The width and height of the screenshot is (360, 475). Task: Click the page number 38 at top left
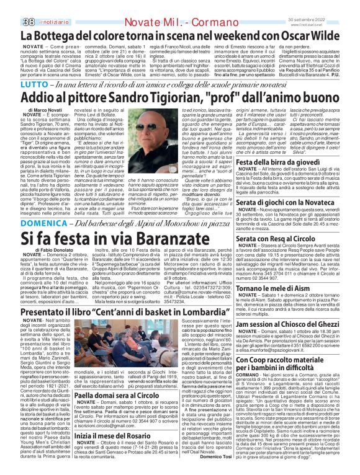(12, 6)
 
